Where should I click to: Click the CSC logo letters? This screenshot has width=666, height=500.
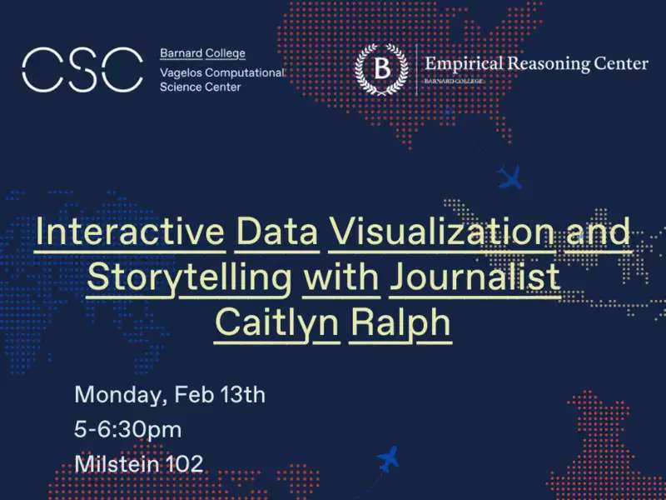point(82,70)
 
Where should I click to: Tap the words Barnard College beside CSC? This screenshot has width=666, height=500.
point(202,53)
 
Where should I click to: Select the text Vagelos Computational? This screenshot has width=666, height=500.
point(221,73)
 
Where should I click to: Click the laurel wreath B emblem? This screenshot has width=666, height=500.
point(381,68)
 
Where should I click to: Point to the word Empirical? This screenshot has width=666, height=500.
point(464,64)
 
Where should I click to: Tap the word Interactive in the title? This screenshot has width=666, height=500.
point(130,232)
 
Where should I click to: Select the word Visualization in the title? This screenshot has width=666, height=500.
point(442,232)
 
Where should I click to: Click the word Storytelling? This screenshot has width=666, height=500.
point(190,278)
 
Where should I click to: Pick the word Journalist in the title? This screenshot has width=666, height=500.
point(475,277)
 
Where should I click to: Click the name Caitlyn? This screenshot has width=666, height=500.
point(277,324)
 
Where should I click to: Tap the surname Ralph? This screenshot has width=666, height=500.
point(400,324)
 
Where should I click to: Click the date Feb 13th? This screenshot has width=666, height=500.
point(220,394)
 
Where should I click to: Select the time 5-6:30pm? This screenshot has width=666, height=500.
point(128,430)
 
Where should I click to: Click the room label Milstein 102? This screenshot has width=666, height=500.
point(139,464)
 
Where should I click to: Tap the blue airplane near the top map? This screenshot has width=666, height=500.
point(509,177)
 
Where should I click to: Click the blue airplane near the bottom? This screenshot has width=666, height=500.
point(388,459)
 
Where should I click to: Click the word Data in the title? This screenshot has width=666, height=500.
point(277,232)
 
